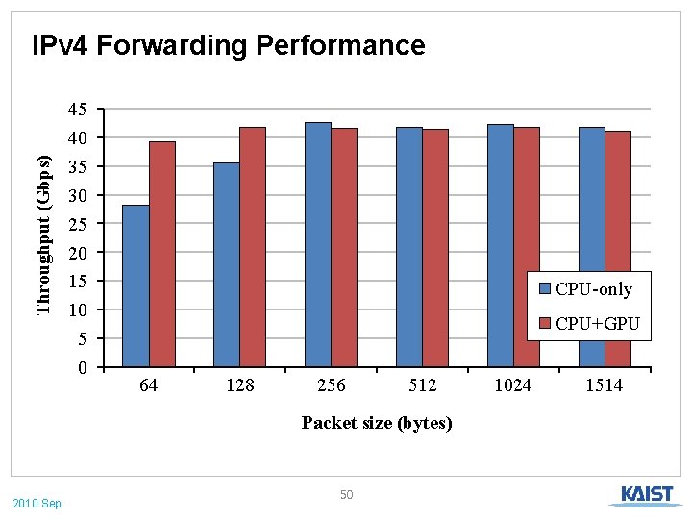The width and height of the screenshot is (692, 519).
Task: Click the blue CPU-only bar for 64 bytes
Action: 136,285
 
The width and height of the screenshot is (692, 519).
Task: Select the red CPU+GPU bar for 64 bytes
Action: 161,254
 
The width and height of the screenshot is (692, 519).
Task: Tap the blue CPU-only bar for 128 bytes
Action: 227,264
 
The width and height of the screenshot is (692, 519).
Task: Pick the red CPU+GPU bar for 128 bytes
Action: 253,247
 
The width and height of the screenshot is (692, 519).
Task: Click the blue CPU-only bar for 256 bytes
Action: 317,244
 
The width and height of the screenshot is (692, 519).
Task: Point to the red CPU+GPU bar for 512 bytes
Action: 435,248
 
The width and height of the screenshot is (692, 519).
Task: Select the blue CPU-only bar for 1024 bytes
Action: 500,245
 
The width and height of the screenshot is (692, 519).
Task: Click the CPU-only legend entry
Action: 585,289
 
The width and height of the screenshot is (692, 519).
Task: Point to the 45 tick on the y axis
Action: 78,110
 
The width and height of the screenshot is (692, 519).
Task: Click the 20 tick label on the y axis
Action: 78,253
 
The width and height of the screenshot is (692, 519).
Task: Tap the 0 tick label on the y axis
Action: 84,367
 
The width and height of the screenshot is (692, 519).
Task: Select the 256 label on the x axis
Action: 331,385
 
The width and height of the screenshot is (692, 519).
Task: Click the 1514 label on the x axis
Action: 605,385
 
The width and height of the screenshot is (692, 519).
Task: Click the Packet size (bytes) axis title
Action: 377,423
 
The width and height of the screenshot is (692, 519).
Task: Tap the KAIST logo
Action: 647,495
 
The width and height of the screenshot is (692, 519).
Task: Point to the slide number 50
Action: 347,494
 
